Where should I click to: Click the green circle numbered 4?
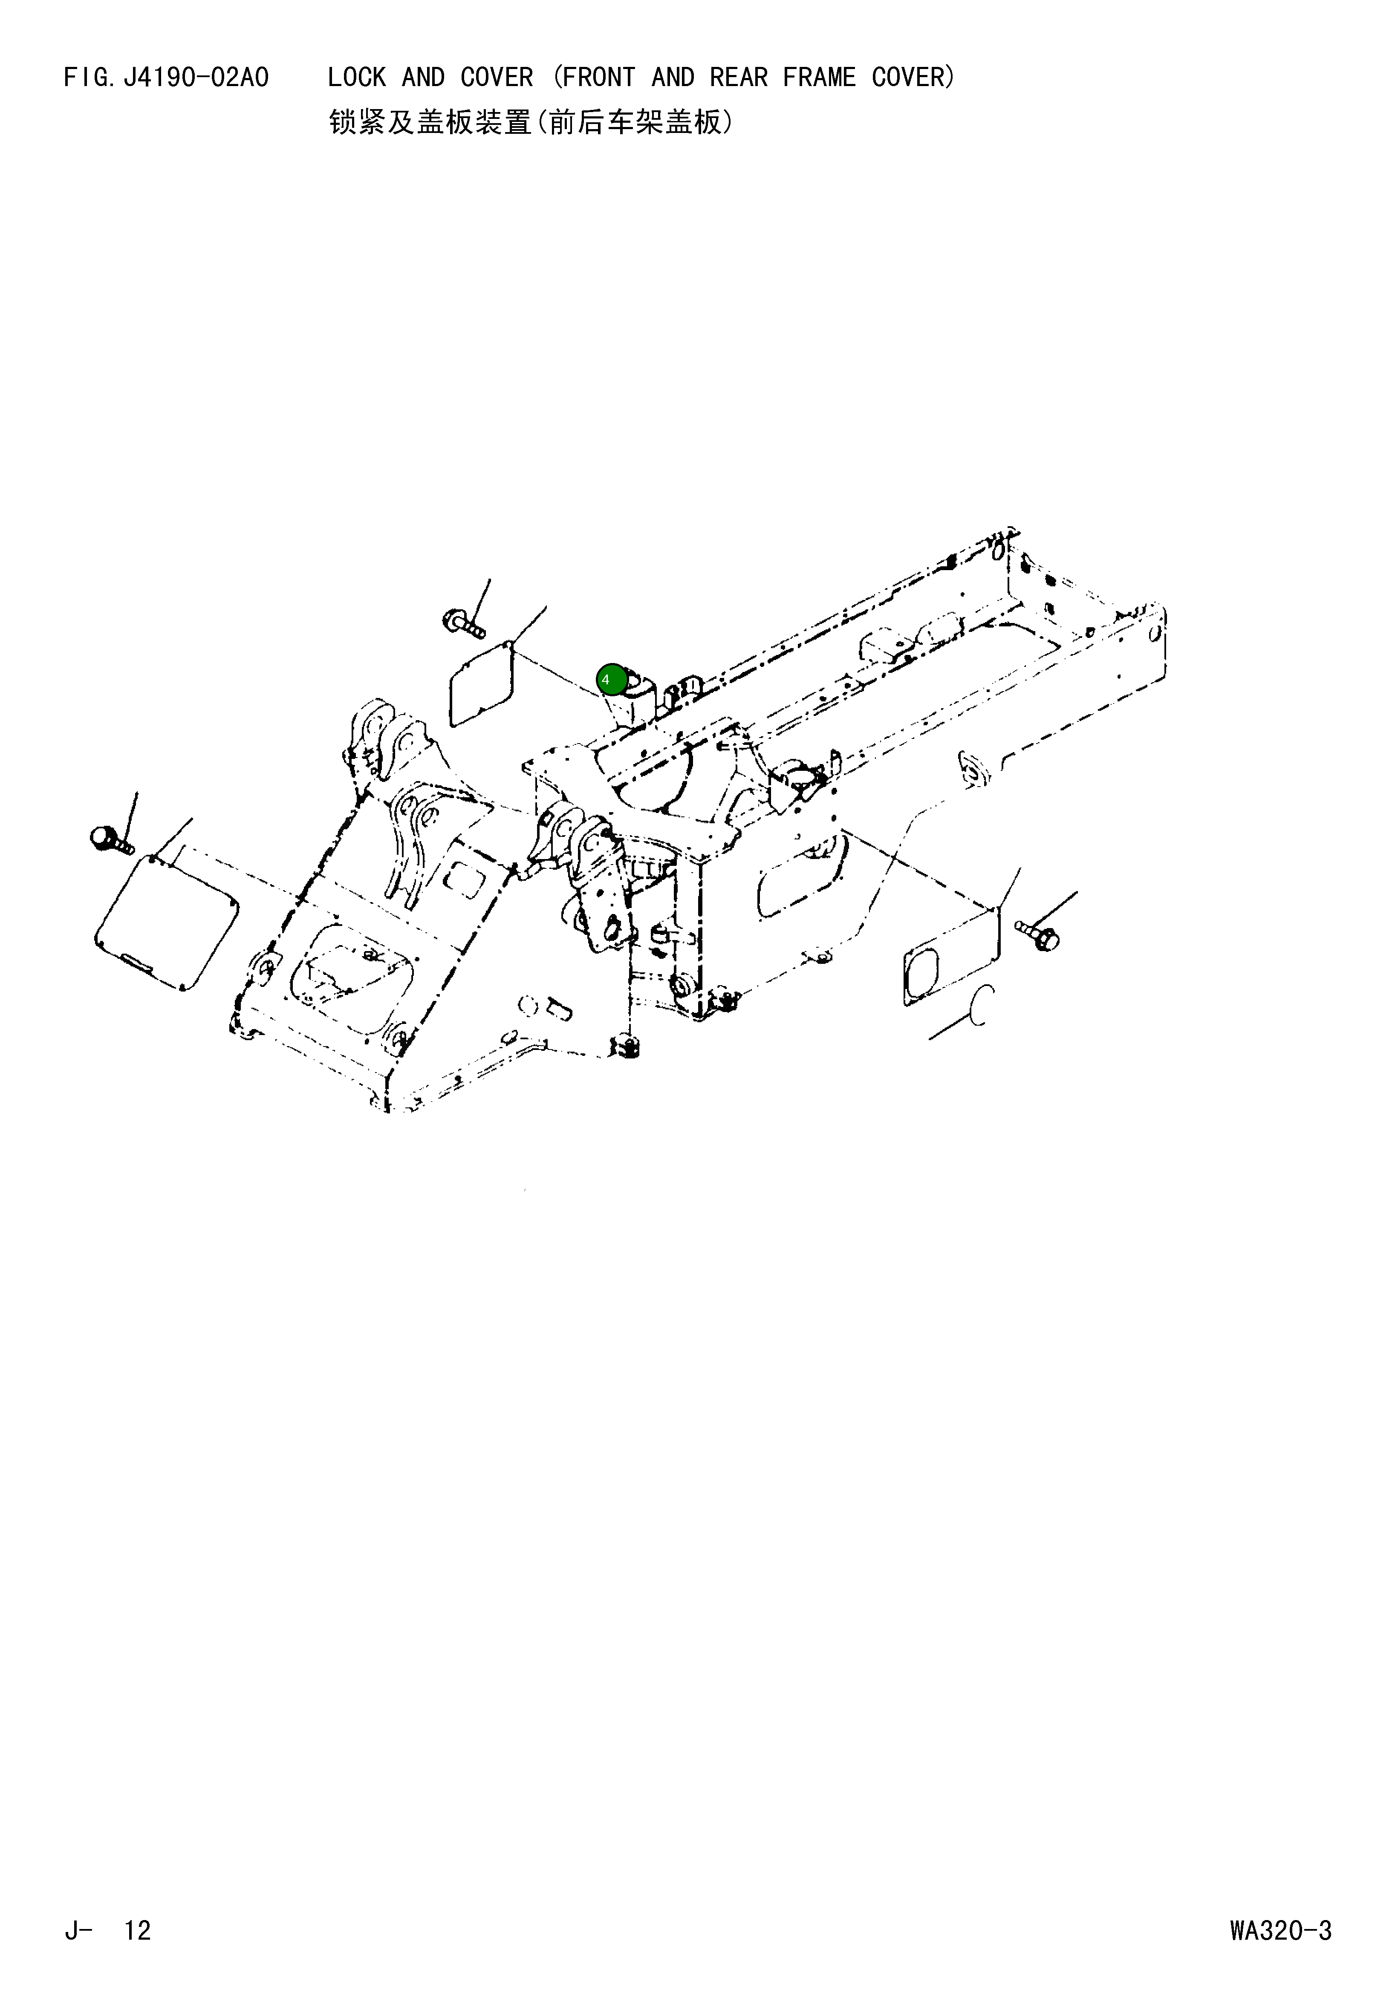click(611, 679)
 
